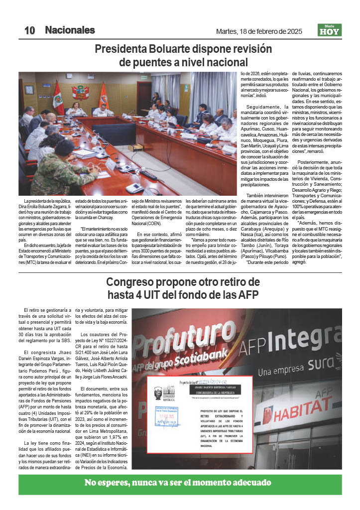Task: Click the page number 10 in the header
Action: (x=29, y=30)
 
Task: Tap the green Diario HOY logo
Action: (x=330, y=30)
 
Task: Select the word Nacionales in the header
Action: (x=70, y=30)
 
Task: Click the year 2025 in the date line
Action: (x=292, y=31)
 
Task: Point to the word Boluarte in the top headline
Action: (x=167, y=49)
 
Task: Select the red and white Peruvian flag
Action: (x=58, y=98)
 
